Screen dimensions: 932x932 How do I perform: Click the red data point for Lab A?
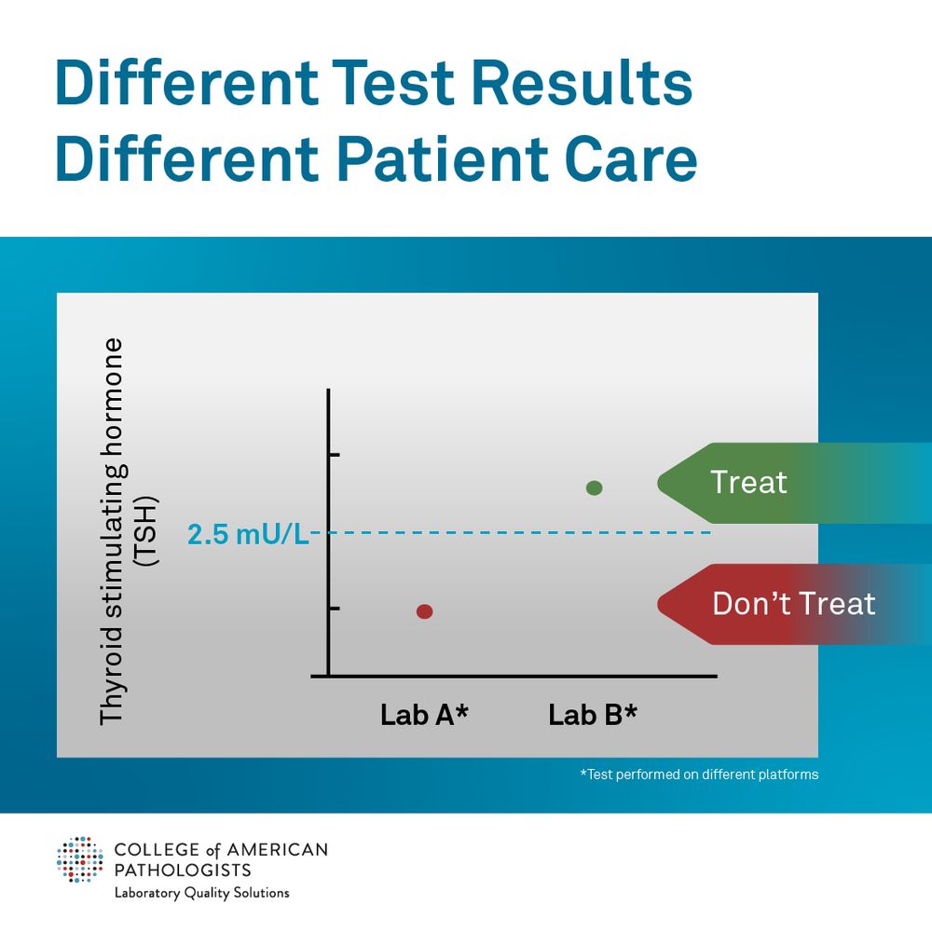point(424,611)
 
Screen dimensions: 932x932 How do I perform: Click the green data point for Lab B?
point(594,487)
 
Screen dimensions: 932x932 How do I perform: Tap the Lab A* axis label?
point(424,715)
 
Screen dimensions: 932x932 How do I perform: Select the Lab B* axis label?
point(593,715)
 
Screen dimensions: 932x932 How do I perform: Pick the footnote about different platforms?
point(698,774)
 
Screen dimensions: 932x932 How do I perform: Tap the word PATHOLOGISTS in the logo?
point(182,870)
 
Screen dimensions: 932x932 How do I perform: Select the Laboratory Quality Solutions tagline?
point(201,893)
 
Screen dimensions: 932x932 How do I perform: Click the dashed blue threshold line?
point(513,532)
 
